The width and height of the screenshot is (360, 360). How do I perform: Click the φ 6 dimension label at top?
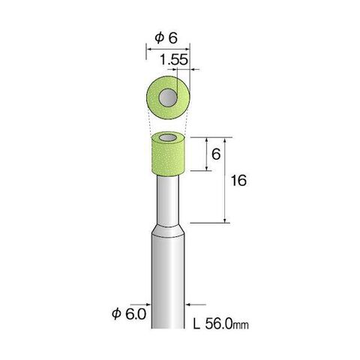click(166, 38)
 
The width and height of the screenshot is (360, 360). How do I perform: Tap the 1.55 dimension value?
click(173, 60)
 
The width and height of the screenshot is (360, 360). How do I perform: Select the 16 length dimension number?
click(238, 181)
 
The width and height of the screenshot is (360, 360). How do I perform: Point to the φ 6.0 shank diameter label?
click(129, 314)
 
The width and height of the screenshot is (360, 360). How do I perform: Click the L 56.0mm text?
click(221, 324)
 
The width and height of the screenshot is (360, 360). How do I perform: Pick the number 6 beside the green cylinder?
click(216, 154)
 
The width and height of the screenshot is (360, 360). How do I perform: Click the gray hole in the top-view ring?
click(168, 97)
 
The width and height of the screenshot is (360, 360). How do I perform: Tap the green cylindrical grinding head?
click(168, 154)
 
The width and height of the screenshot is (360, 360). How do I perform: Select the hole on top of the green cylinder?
click(168, 137)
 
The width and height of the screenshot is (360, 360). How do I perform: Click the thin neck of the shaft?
click(168, 200)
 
